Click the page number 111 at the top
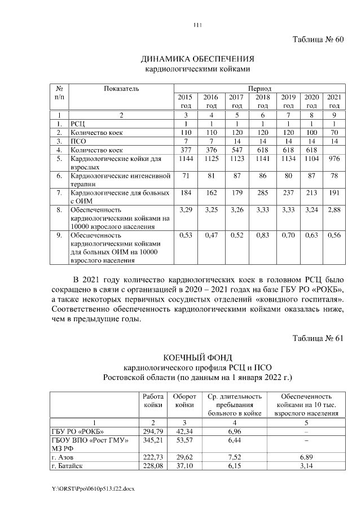click(x=197, y=24)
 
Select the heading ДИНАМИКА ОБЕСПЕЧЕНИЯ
click(x=197, y=59)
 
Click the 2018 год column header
click(x=262, y=101)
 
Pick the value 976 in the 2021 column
click(x=334, y=160)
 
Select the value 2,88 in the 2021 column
click(x=334, y=210)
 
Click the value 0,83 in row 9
click(x=262, y=235)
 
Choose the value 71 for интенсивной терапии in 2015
click(x=186, y=177)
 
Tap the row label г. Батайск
click(x=67, y=466)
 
